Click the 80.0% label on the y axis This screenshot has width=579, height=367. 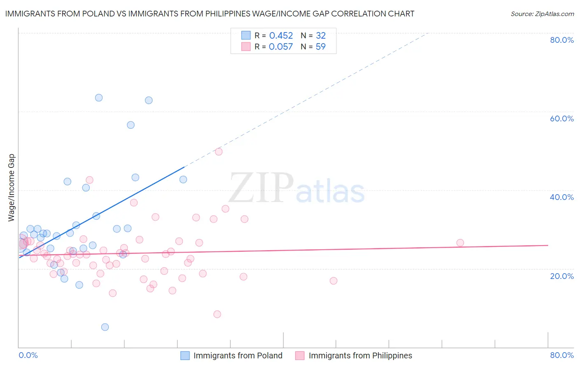click(562, 40)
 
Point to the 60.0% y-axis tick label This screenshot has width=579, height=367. click(562, 118)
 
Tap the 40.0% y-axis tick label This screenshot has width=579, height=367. click(562, 197)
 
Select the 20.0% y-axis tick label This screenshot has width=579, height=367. click(562, 276)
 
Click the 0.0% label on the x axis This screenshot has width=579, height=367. click(28, 355)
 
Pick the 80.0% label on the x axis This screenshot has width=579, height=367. click(562, 355)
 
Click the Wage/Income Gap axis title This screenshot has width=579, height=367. click(12, 188)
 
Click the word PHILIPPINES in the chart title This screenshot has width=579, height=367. click(242, 14)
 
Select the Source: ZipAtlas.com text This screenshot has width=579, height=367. click(542, 14)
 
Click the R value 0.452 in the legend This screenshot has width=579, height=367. click(281, 35)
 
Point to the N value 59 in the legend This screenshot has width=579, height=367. click(320, 46)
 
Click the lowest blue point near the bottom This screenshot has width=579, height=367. click(105, 327)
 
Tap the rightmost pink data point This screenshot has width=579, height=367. click(460, 243)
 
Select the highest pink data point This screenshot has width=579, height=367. click(219, 152)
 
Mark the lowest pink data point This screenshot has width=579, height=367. click(217, 314)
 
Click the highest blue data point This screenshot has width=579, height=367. click(99, 98)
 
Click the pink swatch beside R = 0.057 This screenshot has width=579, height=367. click(246, 46)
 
